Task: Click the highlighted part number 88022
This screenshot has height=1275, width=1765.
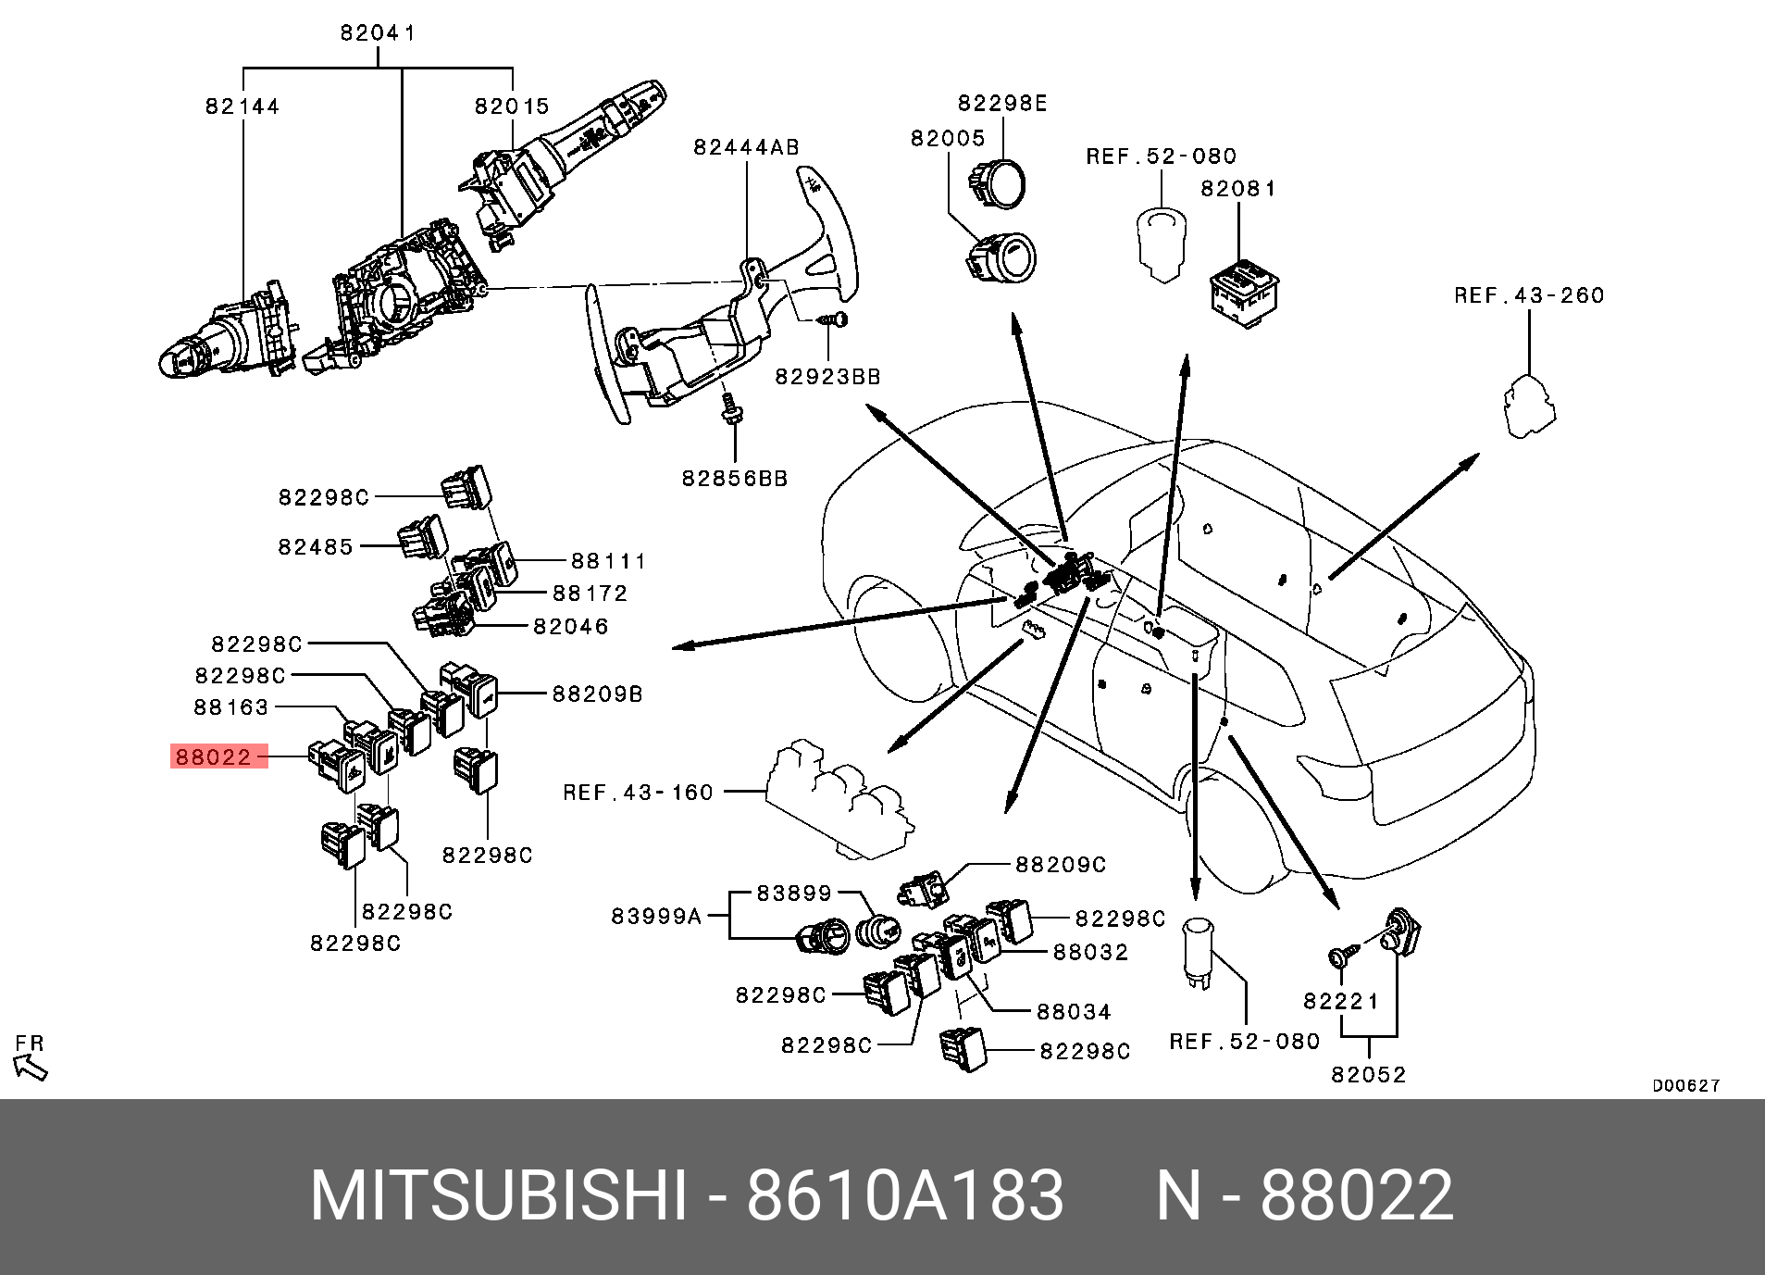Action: [x=214, y=757]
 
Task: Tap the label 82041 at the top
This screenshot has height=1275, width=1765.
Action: [x=378, y=33]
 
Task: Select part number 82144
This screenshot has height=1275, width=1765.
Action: [x=242, y=106]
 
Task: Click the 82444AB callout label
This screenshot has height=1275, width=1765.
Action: [x=746, y=147]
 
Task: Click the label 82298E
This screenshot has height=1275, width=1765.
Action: [x=1002, y=103]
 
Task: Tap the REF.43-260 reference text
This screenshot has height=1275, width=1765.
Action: [x=1529, y=295]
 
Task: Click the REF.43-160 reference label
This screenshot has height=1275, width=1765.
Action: [x=639, y=793]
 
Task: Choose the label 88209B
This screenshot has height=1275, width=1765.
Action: [x=597, y=694]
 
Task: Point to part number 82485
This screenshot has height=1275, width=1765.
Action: [x=316, y=546]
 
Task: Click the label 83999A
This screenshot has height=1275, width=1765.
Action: [x=656, y=917]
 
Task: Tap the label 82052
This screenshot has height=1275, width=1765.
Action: [x=1369, y=1074]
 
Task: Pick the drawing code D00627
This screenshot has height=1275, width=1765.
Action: [x=1686, y=1086]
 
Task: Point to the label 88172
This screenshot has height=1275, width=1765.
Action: [x=590, y=593]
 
